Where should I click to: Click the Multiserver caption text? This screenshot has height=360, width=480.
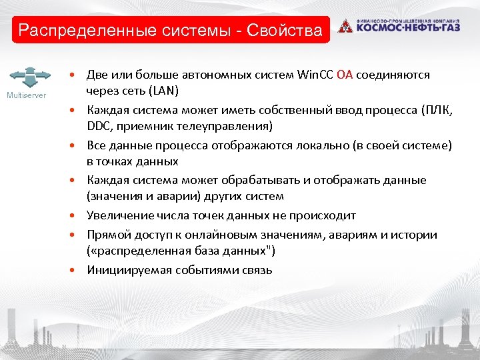(27, 95)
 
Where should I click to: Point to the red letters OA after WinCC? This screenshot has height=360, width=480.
(345, 75)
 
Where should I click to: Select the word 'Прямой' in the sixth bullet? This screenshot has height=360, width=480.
(107, 235)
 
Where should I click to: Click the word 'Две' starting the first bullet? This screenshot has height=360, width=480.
(97, 75)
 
